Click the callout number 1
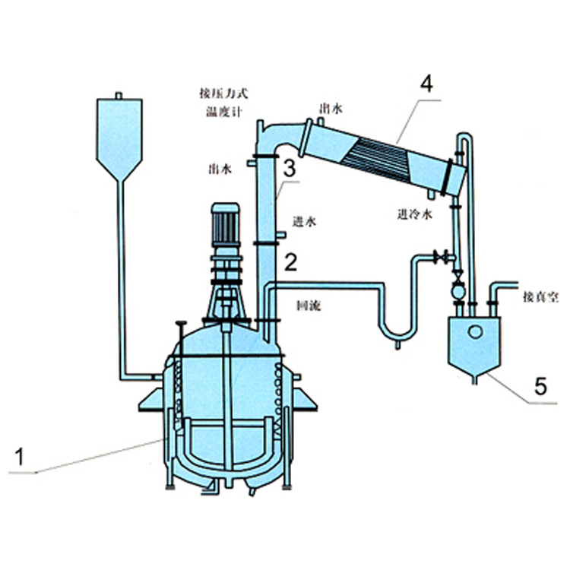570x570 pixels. (x=19, y=457)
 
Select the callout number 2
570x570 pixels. (x=290, y=262)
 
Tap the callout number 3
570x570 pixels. (x=290, y=169)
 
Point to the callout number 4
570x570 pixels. (x=426, y=84)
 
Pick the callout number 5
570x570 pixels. (x=540, y=385)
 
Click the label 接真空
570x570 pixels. (x=540, y=297)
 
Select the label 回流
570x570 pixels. (x=309, y=306)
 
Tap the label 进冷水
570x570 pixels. (x=415, y=214)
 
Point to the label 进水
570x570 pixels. (x=304, y=221)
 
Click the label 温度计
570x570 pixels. (x=224, y=111)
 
